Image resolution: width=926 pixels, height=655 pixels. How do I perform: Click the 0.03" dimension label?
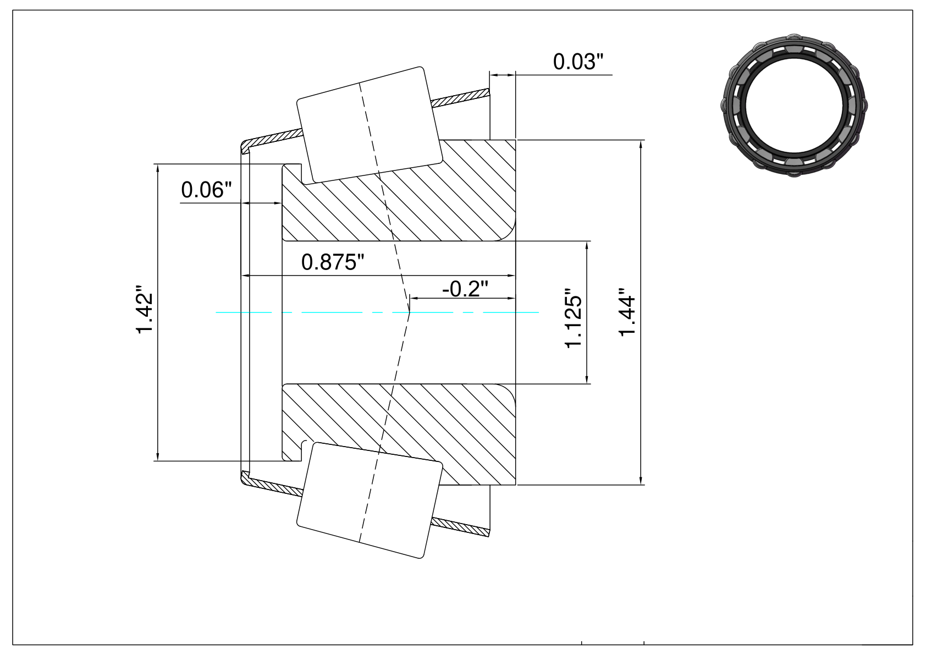point(578,62)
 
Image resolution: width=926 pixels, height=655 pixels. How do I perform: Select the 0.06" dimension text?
point(206,190)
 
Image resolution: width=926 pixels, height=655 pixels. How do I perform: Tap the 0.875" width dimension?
point(333,262)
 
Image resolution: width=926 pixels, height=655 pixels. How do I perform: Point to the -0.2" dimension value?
point(465,288)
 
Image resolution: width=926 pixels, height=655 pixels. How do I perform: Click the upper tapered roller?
point(370,124)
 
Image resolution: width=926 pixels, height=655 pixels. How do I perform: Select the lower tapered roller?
point(370,500)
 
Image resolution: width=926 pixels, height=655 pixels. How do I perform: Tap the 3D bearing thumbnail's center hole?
point(794,106)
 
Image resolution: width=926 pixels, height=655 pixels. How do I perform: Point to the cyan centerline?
point(377,312)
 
